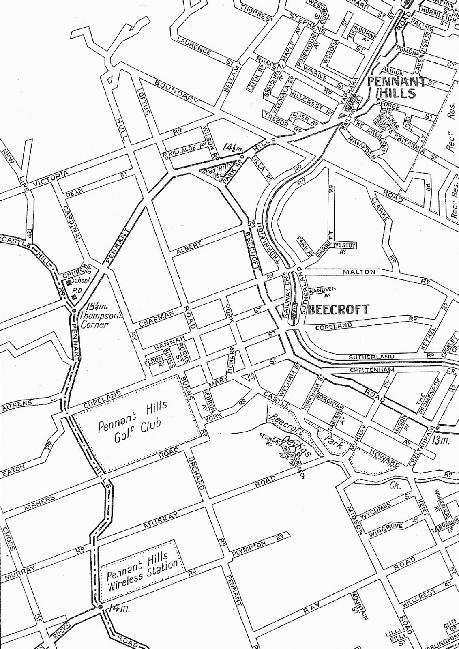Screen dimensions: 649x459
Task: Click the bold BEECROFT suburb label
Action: pos(339,309)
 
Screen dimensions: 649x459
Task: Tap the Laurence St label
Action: pos(194,47)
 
